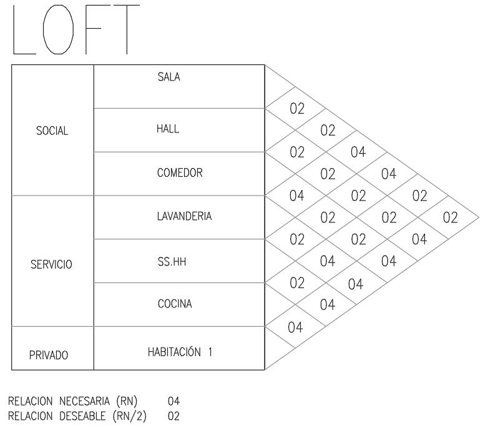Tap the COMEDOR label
pyautogui.click(x=180, y=173)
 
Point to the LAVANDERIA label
pyautogui.click(x=184, y=217)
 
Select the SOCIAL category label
pyautogui.click(x=52, y=132)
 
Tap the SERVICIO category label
pyautogui.click(x=52, y=264)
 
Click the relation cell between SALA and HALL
pyautogui.click(x=297, y=108)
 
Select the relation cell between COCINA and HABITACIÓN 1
pyautogui.click(x=297, y=327)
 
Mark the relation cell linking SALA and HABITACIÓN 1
pyautogui.click(x=450, y=217)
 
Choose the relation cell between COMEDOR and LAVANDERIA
pyautogui.click(x=297, y=196)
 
